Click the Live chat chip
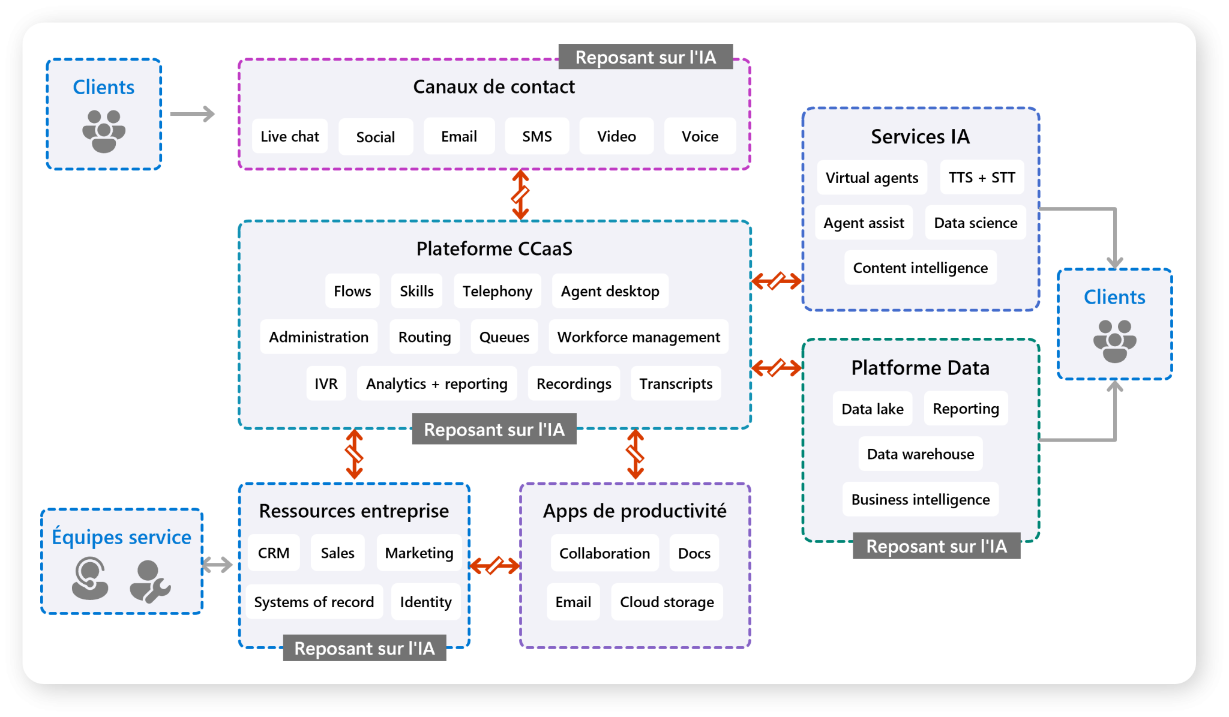point(290,137)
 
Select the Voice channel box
point(700,137)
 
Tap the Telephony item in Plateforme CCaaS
point(497,292)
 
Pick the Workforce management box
point(638,337)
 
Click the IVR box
point(326,384)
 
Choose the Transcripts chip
point(676,384)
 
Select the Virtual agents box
point(871,178)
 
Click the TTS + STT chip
point(982,178)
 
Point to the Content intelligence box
point(920,268)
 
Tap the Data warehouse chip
point(920,454)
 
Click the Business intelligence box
point(920,500)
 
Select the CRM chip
point(274,553)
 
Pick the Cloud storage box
point(667,602)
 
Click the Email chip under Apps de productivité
point(573,602)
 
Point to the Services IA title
point(920,137)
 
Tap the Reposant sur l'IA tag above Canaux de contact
point(645,58)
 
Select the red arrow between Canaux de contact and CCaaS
point(520,195)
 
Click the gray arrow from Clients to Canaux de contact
point(192,114)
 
